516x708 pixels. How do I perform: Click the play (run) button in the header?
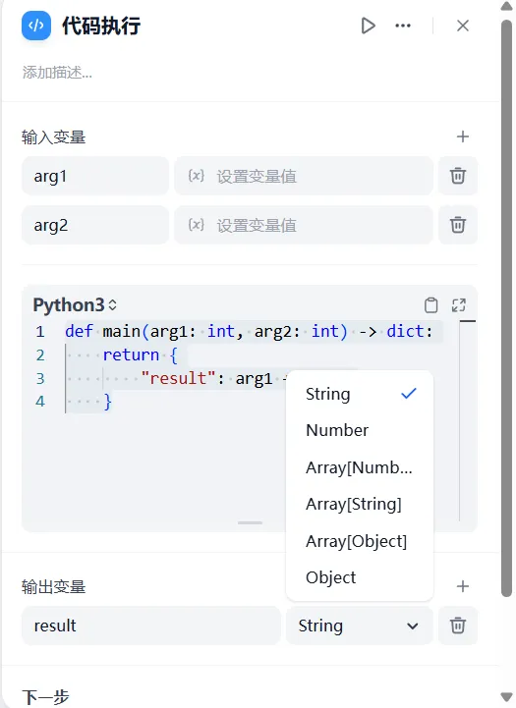point(368,26)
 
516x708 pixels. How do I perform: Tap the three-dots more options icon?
point(403,26)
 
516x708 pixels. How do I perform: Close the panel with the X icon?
point(463,26)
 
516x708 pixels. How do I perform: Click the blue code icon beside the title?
point(36,26)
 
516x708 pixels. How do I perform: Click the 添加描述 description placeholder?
point(57,73)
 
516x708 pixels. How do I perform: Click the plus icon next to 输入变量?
point(463,136)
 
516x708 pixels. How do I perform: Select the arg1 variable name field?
point(95,176)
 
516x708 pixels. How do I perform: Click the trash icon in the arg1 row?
point(458,176)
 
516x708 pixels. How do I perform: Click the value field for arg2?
point(304,225)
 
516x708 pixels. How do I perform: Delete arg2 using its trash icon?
point(458,225)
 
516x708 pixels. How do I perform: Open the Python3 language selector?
point(75,305)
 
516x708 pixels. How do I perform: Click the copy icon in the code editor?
point(431,305)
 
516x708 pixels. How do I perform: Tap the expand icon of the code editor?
point(459,305)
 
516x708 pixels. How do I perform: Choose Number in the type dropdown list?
point(337,430)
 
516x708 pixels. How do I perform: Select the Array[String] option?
point(354,504)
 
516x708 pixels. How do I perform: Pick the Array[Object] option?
point(356,541)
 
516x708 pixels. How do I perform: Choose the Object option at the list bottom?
point(331,577)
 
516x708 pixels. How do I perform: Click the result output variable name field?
point(151,626)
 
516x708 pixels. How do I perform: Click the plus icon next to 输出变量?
point(463,586)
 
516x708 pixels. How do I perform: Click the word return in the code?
point(131,354)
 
